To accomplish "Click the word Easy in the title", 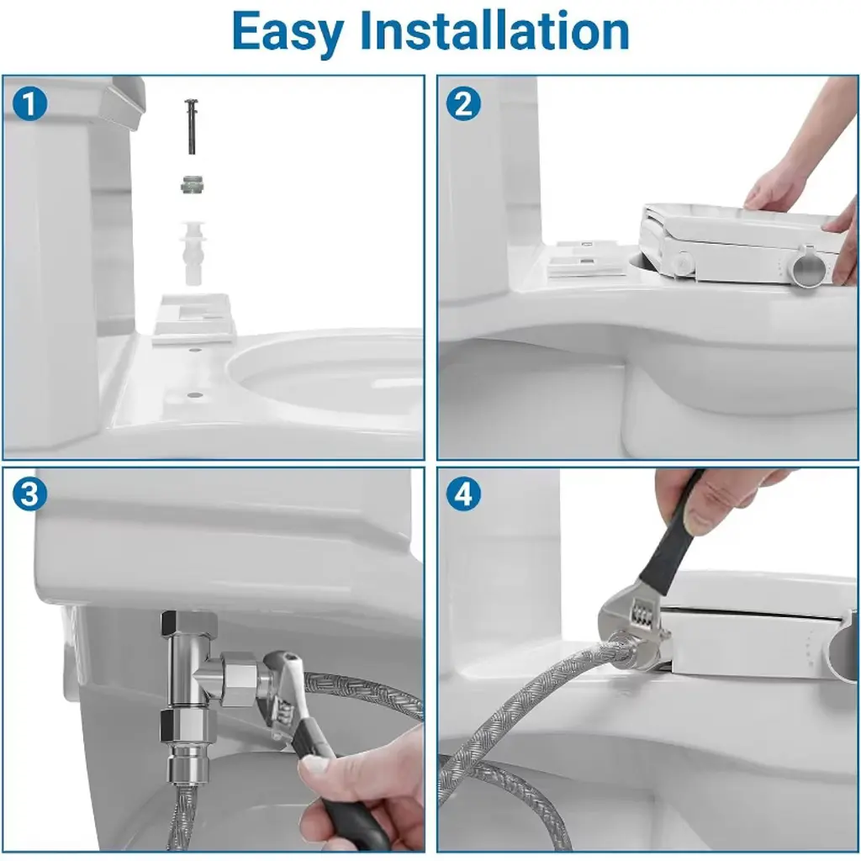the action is click(x=288, y=33).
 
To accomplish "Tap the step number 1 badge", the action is click(x=29, y=103).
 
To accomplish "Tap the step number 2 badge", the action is click(x=463, y=103).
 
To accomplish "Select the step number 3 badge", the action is click(x=29, y=494).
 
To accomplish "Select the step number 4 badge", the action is click(x=463, y=494).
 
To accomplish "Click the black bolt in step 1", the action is click(x=192, y=127).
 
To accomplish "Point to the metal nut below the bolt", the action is click(x=192, y=186).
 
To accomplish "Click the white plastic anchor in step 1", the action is click(x=193, y=252).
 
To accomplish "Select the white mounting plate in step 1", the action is click(x=193, y=320).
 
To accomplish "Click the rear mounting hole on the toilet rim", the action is click(x=193, y=350).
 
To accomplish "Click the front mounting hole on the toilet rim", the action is click(x=193, y=395).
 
